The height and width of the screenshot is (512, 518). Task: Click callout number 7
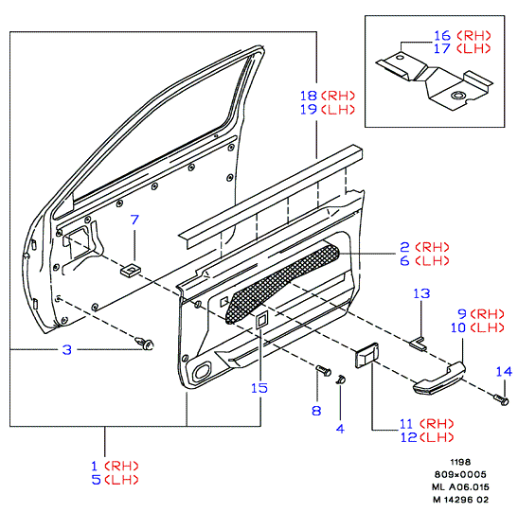click(x=134, y=220)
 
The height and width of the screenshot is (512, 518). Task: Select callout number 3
click(x=67, y=349)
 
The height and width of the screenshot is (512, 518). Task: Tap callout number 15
click(x=259, y=388)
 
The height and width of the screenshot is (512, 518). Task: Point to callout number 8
click(x=316, y=411)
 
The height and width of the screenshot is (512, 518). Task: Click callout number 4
click(x=340, y=429)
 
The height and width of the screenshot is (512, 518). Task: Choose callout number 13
click(x=421, y=293)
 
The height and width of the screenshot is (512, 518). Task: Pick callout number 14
click(x=504, y=372)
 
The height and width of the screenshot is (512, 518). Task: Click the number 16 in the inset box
click(x=442, y=35)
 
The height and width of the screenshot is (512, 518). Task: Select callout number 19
click(x=309, y=109)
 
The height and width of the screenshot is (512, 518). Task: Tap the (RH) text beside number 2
click(x=433, y=247)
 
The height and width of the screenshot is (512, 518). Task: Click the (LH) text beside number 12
click(x=437, y=437)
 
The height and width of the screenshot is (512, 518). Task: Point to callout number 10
click(x=458, y=327)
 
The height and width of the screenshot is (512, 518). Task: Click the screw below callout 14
click(x=502, y=400)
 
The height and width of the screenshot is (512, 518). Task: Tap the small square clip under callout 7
click(x=130, y=271)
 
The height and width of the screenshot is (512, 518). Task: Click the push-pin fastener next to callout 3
click(x=145, y=343)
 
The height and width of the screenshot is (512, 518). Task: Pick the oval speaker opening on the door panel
click(x=201, y=371)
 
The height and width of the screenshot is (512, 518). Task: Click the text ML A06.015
click(x=460, y=486)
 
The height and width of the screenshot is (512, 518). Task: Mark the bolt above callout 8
click(x=324, y=370)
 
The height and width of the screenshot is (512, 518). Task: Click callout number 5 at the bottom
click(x=97, y=480)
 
